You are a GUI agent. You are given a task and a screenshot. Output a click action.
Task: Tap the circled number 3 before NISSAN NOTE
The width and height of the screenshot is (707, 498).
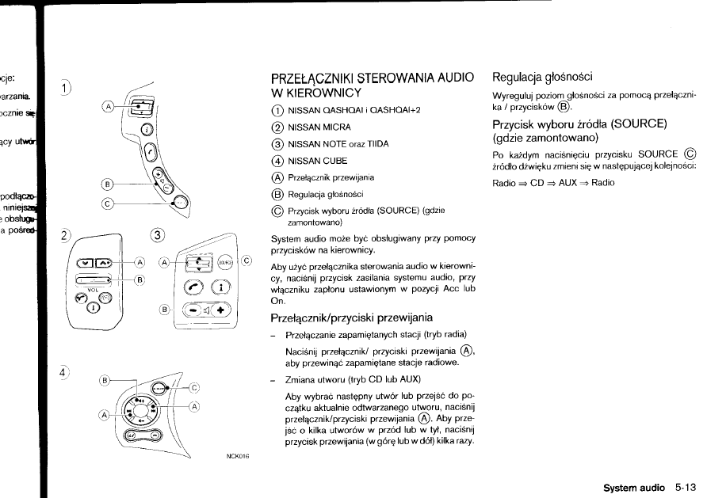pyautogui.click(x=276, y=143)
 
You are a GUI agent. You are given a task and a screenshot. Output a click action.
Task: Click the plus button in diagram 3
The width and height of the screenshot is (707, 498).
pyautogui.click(x=220, y=310)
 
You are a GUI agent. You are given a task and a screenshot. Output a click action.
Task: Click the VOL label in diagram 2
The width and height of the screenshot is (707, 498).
pyautogui.click(x=92, y=291)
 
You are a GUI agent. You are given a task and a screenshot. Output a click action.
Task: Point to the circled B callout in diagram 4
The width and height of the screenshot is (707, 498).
pyautogui.click(x=105, y=381)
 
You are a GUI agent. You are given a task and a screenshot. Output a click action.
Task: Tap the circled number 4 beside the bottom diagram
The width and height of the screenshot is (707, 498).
pyautogui.click(x=64, y=371)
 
